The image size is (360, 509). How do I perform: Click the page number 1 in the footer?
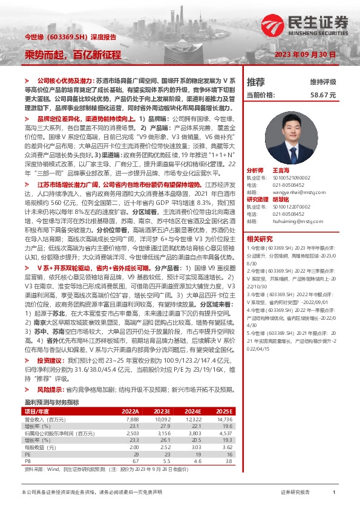tap(333, 493)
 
